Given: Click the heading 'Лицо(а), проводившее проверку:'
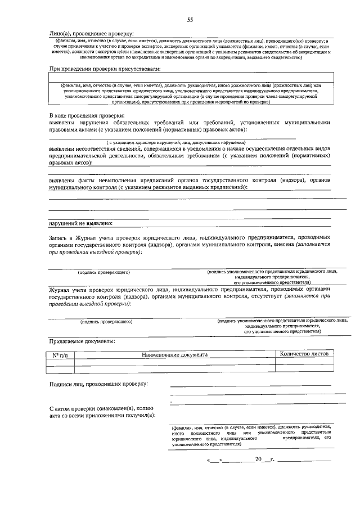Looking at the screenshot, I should click(x=92, y=33).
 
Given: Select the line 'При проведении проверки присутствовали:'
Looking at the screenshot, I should click(x=105, y=69).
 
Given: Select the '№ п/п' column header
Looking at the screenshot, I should click(x=60, y=355).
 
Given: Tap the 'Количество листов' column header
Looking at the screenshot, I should click(x=304, y=354).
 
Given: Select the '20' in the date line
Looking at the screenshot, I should click(x=259, y=461).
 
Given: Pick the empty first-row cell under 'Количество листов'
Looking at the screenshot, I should click(x=304, y=363).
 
